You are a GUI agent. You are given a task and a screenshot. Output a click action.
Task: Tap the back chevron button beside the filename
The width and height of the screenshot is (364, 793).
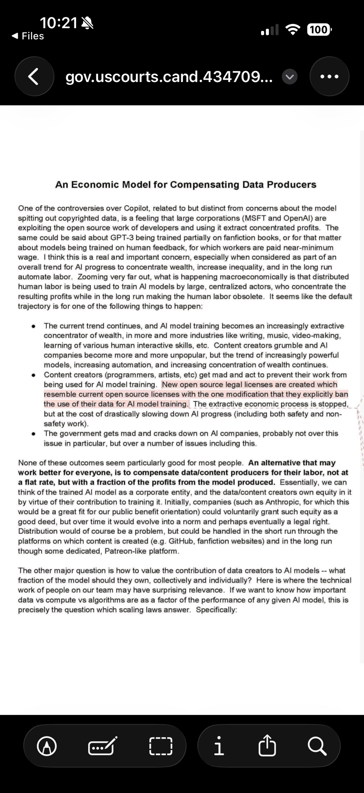(34, 77)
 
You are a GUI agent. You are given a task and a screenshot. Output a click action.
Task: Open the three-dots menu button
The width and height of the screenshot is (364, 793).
(329, 77)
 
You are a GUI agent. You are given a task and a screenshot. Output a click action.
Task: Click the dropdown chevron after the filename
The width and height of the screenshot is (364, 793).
(290, 77)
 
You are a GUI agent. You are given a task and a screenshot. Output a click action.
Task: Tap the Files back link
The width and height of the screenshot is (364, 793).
(28, 36)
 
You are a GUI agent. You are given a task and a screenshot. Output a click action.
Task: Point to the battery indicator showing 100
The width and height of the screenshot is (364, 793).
(319, 30)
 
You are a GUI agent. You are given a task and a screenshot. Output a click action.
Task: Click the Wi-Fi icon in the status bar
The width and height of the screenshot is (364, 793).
(293, 30)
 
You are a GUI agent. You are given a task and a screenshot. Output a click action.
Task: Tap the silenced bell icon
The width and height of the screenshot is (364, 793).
(87, 24)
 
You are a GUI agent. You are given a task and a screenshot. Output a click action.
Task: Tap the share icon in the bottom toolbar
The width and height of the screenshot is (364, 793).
(267, 746)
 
